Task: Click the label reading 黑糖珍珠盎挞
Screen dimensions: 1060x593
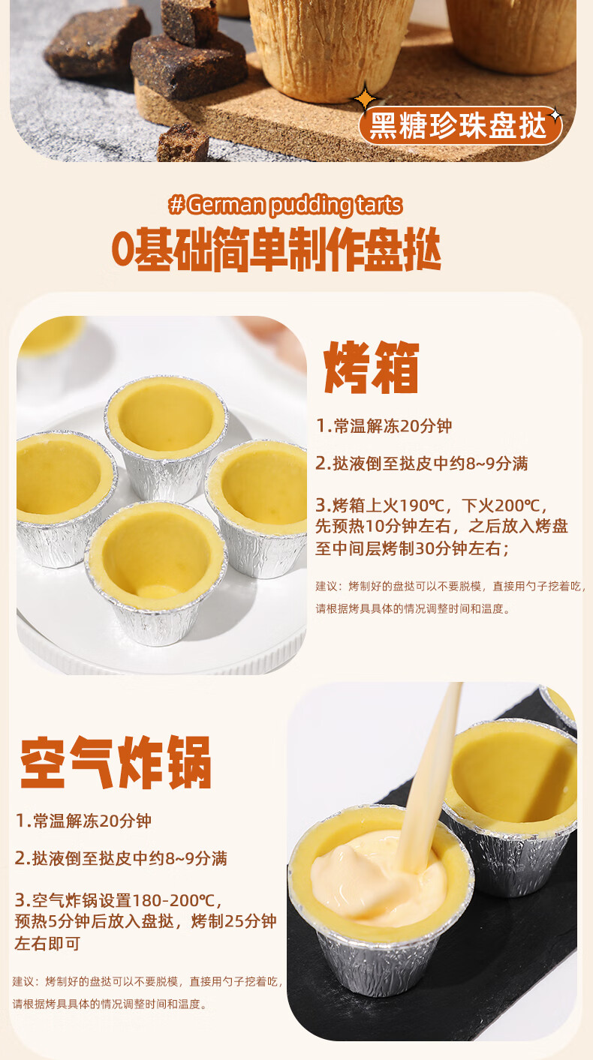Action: click(459, 126)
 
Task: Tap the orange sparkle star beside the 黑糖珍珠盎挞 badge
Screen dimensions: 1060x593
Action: click(366, 98)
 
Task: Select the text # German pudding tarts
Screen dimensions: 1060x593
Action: click(286, 205)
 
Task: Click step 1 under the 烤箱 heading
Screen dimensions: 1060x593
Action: click(384, 426)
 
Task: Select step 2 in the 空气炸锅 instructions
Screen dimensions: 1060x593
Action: click(121, 858)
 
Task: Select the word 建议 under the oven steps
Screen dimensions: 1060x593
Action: click(328, 586)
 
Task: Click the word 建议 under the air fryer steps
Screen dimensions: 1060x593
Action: click(25, 981)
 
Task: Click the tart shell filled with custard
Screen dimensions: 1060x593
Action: click(379, 885)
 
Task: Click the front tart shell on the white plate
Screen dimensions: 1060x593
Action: click(156, 570)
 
